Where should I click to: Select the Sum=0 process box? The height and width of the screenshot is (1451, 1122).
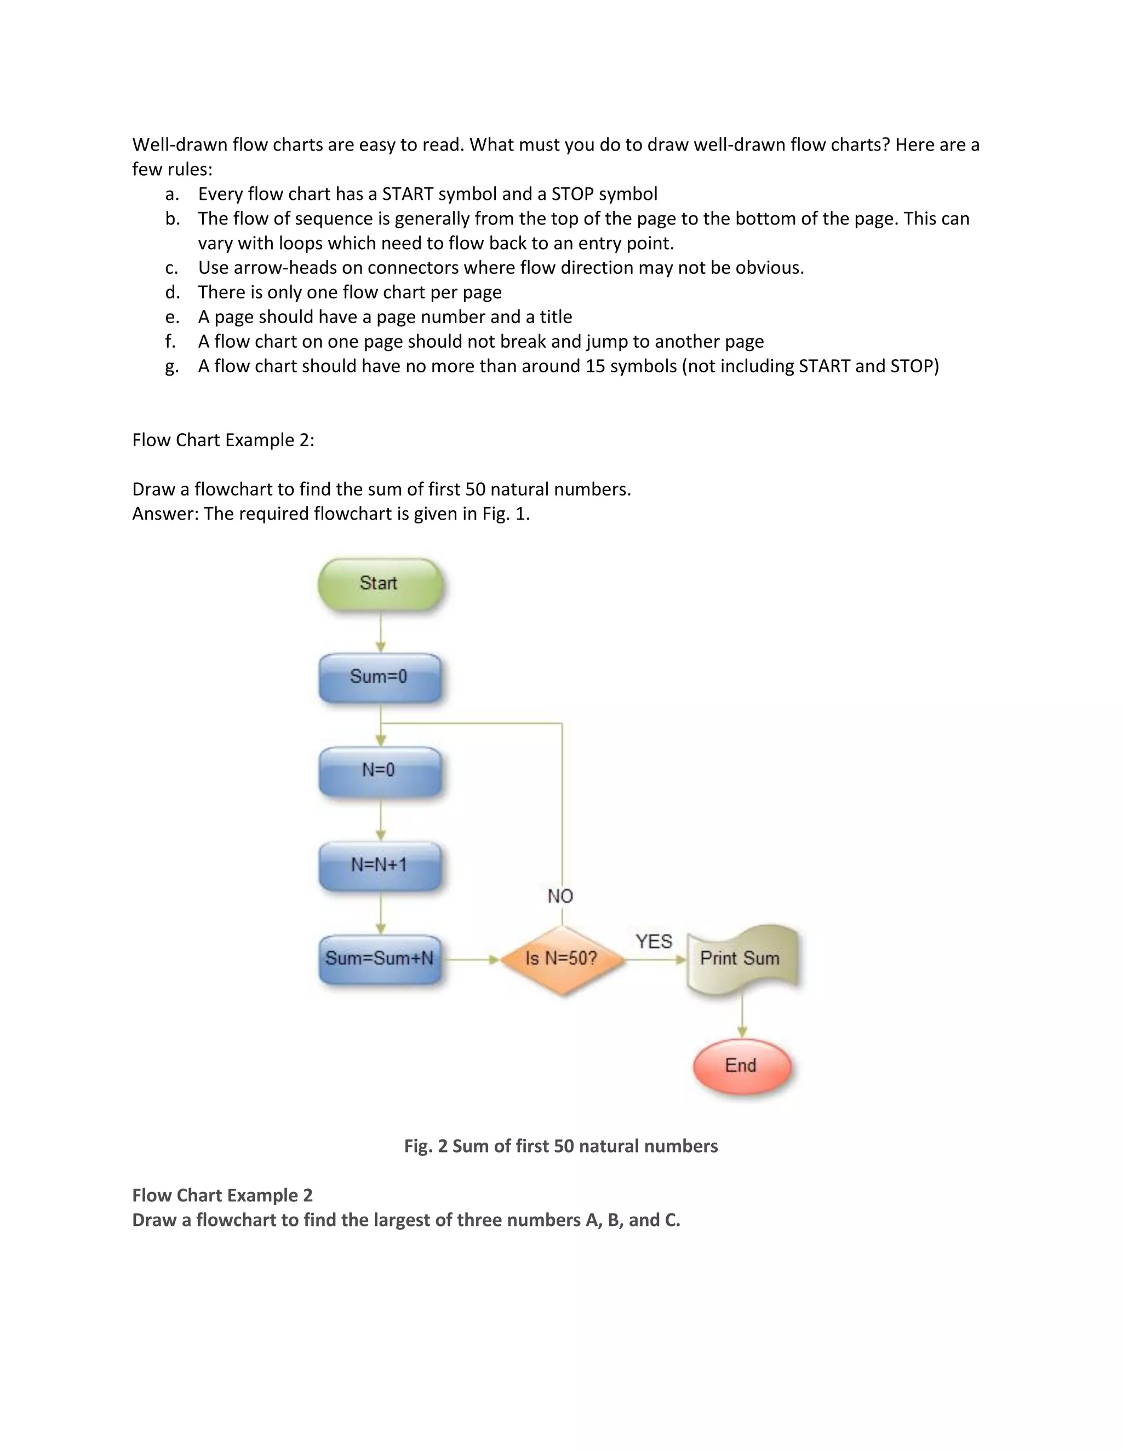(x=380, y=677)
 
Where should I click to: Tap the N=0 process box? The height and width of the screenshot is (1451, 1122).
(x=380, y=771)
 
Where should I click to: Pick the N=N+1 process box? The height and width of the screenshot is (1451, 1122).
(x=380, y=865)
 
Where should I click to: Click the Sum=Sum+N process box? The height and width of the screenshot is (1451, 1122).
(x=380, y=959)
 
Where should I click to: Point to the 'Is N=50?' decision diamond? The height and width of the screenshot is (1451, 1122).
(x=562, y=959)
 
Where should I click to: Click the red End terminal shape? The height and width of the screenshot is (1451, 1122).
(x=742, y=1066)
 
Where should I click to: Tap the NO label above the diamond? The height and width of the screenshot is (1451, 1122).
(x=560, y=896)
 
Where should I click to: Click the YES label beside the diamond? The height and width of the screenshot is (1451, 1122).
(x=654, y=941)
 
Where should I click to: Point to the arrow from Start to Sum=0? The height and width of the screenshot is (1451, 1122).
(x=381, y=632)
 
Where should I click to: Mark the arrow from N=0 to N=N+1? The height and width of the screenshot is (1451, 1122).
(x=381, y=819)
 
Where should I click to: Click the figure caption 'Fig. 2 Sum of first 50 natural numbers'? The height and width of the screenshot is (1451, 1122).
(x=561, y=1146)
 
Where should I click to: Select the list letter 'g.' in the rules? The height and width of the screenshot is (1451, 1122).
(x=172, y=366)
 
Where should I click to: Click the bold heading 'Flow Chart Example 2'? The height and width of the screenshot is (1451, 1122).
(x=222, y=1195)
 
